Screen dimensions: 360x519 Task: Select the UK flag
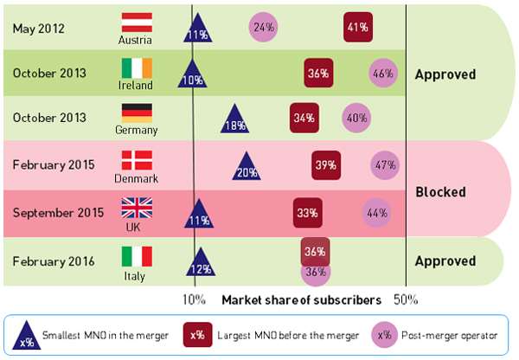click(x=136, y=208)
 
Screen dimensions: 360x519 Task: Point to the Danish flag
click(x=136, y=160)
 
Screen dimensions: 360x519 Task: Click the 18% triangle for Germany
click(x=234, y=121)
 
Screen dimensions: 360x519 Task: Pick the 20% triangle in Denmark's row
click(x=247, y=167)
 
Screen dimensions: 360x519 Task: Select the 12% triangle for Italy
click(x=200, y=265)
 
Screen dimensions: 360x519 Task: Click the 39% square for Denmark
click(x=325, y=164)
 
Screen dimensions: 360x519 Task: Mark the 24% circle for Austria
click(x=263, y=27)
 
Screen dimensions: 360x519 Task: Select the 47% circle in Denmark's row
click(x=385, y=164)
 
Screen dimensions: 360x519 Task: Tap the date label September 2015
click(x=52, y=211)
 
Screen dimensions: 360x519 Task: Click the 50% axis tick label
click(x=407, y=300)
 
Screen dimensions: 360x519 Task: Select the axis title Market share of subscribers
click(x=301, y=300)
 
